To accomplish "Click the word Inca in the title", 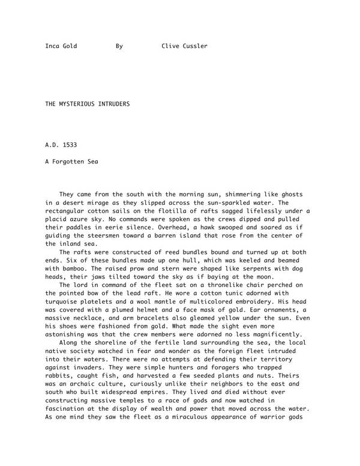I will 53,46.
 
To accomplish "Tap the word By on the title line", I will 119,46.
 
